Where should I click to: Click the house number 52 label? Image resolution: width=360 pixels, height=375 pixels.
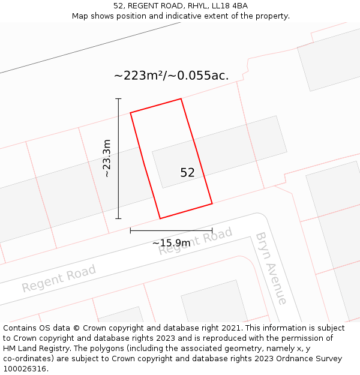click(x=187, y=173)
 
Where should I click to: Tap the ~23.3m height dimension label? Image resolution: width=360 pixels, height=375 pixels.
click(x=107, y=158)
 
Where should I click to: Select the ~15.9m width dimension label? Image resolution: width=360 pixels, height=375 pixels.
click(x=171, y=243)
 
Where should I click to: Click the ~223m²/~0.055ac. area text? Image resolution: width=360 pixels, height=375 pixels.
click(x=171, y=76)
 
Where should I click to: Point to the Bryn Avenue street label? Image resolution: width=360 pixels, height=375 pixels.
click(x=271, y=268)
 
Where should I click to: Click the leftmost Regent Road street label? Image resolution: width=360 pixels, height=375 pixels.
click(x=59, y=279)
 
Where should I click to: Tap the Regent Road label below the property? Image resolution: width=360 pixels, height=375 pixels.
click(x=195, y=241)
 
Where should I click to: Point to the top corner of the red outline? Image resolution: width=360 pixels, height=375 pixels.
click(x=181, y=99)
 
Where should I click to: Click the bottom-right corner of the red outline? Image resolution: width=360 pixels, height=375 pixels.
click(x=212, y=204)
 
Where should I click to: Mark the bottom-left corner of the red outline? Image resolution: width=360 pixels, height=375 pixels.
click(x=160, y=218)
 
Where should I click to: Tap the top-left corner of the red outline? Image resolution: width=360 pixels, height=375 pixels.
click(x=131, y=112)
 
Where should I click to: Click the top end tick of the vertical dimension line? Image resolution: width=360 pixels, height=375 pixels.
click(x=118, y=99)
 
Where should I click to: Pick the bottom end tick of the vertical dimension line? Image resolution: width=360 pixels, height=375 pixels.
click(x=118, y=218)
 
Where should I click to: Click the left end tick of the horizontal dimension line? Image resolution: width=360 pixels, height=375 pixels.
click(x=131, y=230)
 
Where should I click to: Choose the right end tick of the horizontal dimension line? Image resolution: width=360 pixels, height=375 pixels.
click(x=212, y=230)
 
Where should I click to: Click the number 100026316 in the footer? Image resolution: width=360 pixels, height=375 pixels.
click(x=25, y=368)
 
